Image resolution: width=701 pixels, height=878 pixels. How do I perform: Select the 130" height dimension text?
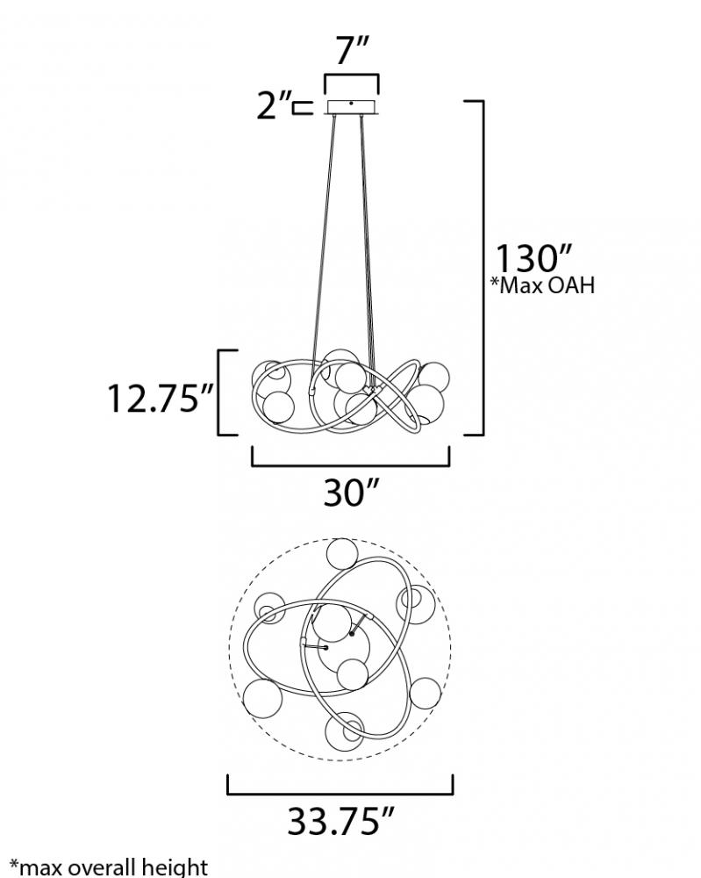pyautogui.click(x=532, y=258)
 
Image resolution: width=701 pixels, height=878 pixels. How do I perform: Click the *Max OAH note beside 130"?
pyautogui.click(x=542, y=285)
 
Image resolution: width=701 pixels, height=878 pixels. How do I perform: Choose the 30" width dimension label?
pyautogui.click(x=351, y=493)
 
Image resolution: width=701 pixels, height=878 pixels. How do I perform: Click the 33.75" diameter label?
pyautogui.click(x=340, y=821)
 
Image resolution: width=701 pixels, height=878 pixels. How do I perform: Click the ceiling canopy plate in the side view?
pyautogui.click(x=352, y=107)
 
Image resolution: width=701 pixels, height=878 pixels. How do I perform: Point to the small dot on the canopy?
pyautogui.click(x=351, y=103)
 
